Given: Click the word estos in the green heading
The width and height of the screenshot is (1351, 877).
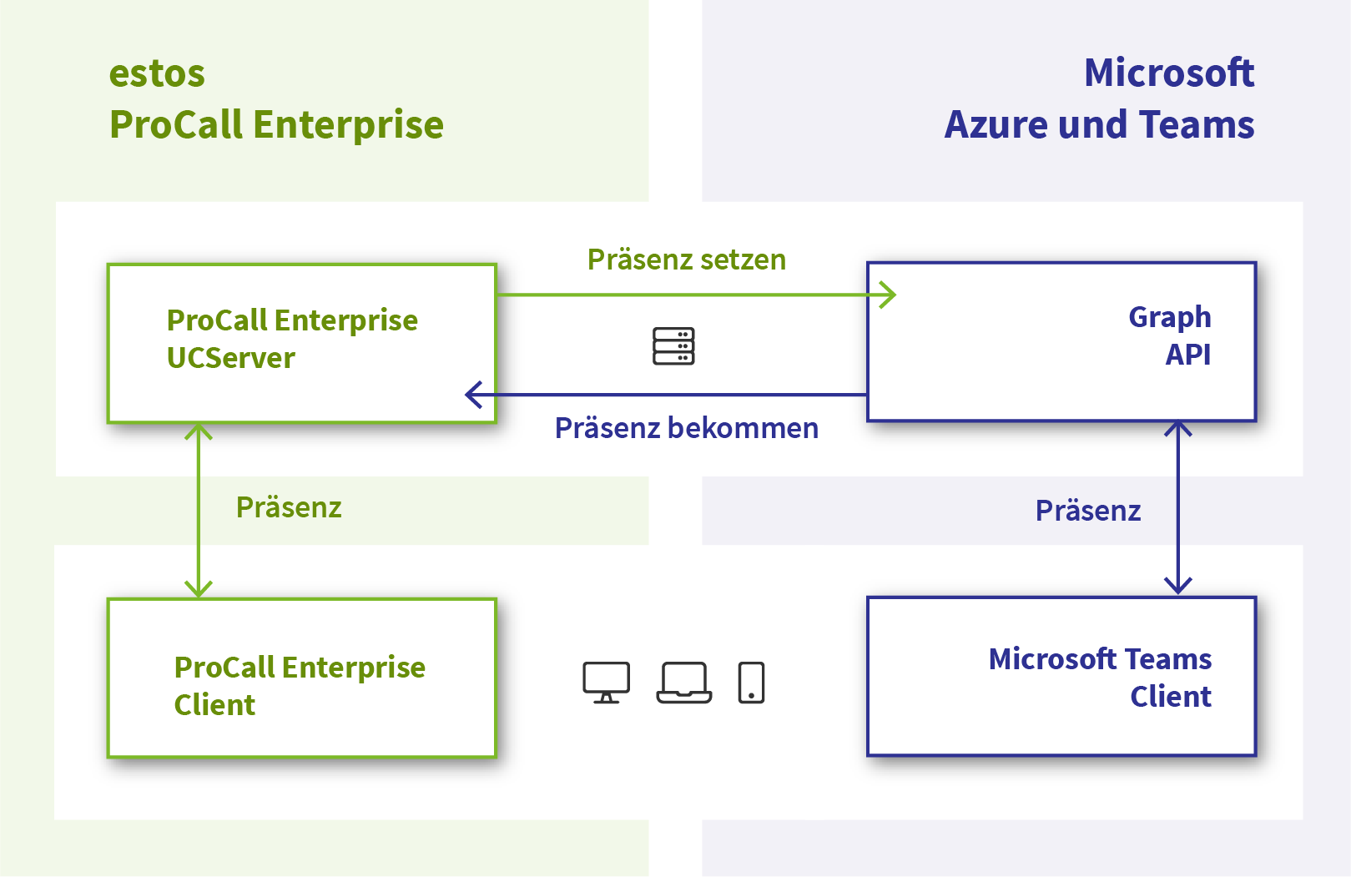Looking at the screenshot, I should click(157, 74).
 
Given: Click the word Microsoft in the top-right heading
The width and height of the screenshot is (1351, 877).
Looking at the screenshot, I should click(1168, 73).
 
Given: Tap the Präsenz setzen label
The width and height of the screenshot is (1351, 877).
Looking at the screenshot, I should click(686, 260).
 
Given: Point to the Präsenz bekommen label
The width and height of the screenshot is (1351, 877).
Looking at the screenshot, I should click(686, 428).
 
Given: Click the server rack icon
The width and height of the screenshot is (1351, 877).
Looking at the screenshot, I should click(673, 346).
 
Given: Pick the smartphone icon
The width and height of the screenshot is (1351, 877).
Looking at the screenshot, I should click(751, 683).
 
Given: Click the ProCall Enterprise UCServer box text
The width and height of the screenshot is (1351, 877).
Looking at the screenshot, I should click(292, 339).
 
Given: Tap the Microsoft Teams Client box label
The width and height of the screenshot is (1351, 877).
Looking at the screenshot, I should click(1100, 677).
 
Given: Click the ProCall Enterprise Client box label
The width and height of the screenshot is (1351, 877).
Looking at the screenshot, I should click(299, 685).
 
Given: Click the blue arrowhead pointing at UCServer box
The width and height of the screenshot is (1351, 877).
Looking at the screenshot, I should click(473, 395).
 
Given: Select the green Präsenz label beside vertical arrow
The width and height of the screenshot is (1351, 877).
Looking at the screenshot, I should click(289, 507).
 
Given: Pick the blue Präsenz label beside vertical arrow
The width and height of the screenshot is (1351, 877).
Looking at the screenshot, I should click(1087, 511).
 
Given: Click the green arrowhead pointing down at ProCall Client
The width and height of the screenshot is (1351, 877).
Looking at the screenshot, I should click(199, 589).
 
